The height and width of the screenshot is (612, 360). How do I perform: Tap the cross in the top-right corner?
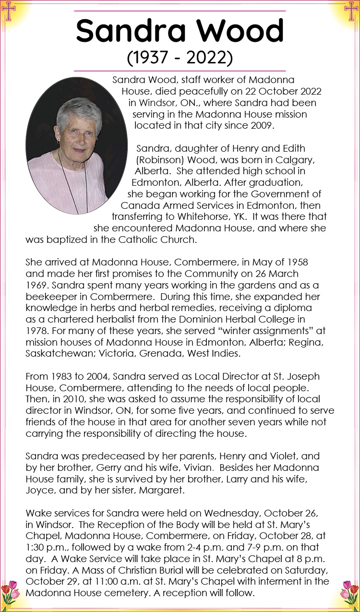(x=351, y=12)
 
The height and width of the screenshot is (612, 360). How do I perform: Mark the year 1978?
(x=37, y=331)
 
